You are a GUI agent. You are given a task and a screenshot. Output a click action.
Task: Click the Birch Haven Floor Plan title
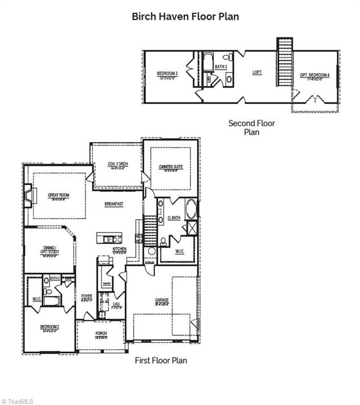(185, 16)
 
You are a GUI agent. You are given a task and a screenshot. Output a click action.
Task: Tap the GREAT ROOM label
(59, 195)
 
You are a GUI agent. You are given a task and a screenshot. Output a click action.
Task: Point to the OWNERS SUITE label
(170, 167)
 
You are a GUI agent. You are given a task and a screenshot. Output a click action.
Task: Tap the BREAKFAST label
(115, 204)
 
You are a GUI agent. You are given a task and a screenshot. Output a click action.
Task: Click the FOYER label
(87, 297)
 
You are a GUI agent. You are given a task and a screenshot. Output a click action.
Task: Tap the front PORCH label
(101, 334)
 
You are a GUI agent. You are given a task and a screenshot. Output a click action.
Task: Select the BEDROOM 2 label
(50, 327)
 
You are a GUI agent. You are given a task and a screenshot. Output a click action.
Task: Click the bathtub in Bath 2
(52, 301)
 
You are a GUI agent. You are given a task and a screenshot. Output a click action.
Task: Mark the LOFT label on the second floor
(257, 72)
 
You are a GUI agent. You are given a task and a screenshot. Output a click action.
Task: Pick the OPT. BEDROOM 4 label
(315, 75)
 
